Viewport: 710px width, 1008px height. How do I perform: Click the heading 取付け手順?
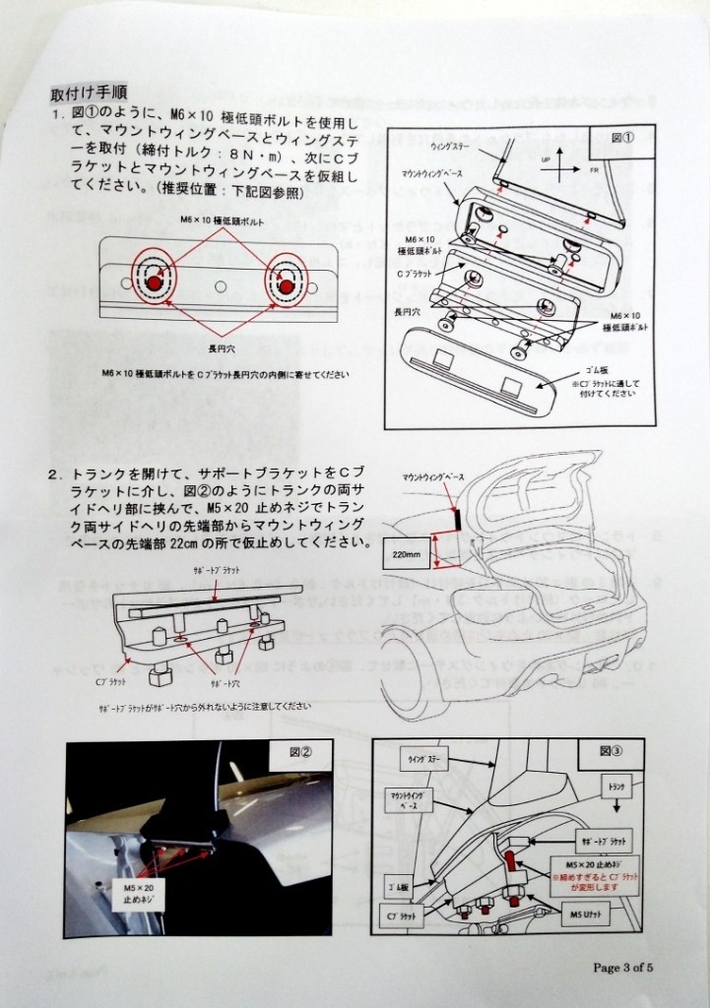point(85,95)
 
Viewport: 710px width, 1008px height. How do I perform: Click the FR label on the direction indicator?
point(594,170)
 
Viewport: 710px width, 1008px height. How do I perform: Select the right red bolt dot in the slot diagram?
point(285,284)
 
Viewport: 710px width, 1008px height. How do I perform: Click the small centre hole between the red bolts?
point(220,285)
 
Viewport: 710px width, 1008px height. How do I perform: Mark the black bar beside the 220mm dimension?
point(455,518)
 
